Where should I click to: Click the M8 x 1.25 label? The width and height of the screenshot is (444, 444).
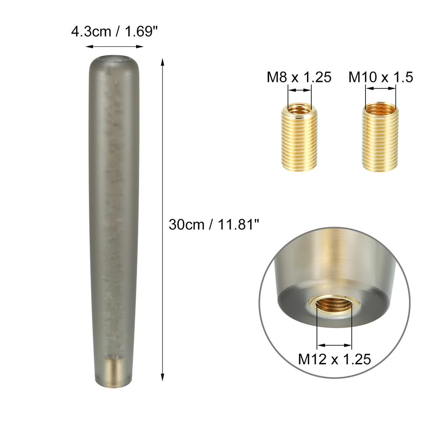tap(299, 77)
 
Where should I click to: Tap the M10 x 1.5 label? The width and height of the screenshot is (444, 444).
tap(381, 77)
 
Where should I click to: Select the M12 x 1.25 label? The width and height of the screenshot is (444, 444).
tap(334, 359)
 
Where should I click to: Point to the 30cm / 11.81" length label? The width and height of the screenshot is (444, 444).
tap(214, 225)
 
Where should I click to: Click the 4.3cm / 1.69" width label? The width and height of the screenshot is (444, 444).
tap(114, 31)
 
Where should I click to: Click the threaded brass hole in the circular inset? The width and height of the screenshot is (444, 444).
tap(334, 305)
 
